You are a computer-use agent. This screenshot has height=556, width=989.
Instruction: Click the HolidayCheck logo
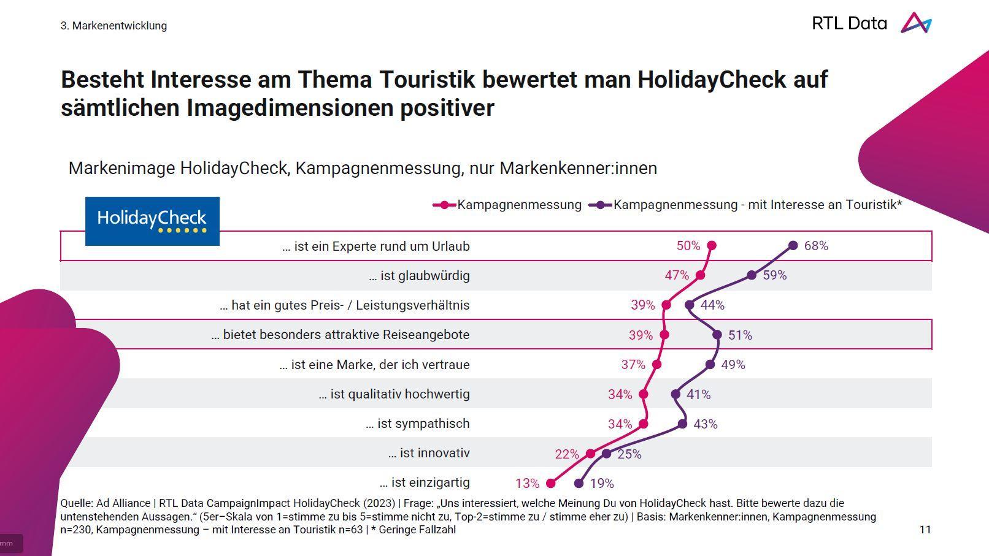[152, 221]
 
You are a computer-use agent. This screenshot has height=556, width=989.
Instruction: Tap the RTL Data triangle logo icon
[915, 23]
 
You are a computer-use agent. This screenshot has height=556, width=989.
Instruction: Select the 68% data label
[816, 246]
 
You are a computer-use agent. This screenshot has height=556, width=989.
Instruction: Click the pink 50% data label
[688, 246]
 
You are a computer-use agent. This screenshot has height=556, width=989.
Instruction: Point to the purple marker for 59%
[752, 275]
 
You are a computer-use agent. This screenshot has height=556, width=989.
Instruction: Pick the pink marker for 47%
[700, 275]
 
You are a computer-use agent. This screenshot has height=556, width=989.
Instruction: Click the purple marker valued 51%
[717, 335]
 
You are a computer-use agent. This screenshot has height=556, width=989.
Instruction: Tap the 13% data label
[527, 484]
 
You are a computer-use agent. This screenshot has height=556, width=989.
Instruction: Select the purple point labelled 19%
[579, 484]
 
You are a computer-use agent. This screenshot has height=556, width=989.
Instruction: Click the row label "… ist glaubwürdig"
[419, 276]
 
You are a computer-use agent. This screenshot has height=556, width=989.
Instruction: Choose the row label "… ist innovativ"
[429, 453]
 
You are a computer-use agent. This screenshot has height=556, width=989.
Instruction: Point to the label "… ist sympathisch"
[417, 424]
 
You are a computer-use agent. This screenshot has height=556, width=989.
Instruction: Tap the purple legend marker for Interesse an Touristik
[601, 205]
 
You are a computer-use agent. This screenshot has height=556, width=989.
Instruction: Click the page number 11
[925, 530]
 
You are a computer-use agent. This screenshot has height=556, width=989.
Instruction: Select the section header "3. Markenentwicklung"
[114, 26]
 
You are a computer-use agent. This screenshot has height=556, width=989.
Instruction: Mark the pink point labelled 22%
[590, 454]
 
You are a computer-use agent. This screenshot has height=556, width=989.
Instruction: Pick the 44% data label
[712, 305]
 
